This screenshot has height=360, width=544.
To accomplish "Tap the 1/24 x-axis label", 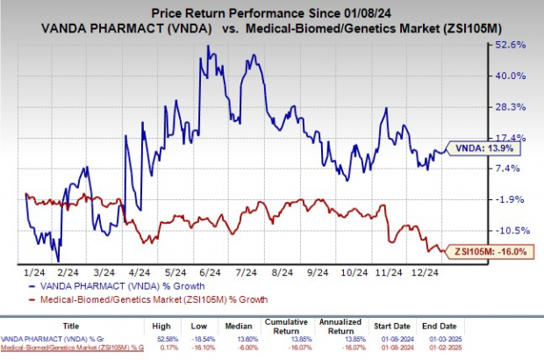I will [28, 273].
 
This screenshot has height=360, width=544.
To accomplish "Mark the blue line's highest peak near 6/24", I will [207, 45].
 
